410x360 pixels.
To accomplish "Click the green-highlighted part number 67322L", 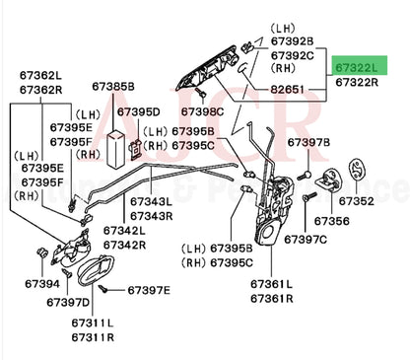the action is (357, 68).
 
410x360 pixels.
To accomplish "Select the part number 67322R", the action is (357, 82).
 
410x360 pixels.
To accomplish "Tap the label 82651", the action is (288, 90).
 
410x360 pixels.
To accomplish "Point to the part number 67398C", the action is (202, 111).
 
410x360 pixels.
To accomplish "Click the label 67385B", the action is (113, 87).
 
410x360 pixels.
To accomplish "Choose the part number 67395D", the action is (139, 112).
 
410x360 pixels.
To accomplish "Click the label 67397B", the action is (308, 143).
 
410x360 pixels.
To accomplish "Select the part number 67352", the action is (357, 201).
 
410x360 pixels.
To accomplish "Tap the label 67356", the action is (332, 221).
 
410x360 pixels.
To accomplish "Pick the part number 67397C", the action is (306, 240).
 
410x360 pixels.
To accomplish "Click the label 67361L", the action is (272, 284).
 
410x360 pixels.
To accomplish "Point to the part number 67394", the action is (42, 284).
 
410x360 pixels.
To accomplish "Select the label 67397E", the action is (149, 290).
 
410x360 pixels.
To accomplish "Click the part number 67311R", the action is (93, 337).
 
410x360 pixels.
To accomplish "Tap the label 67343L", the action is (151, 201).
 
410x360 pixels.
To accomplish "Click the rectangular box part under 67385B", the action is (116, 150).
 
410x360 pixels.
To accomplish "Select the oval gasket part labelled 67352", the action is (357, 170).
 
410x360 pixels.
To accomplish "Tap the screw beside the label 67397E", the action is (103, 289).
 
